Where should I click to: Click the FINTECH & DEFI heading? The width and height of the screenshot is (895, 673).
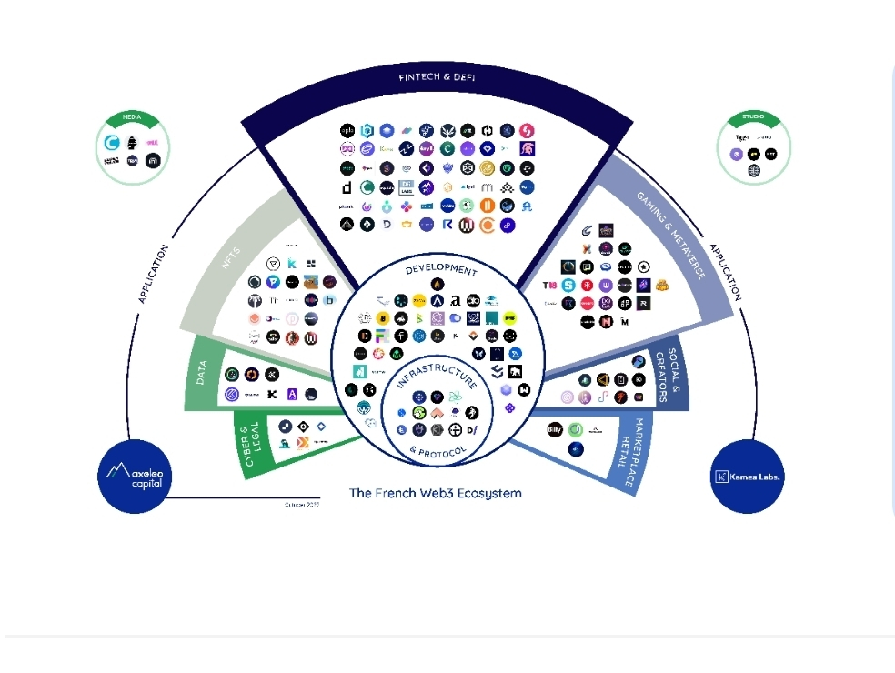(x=437, y=77)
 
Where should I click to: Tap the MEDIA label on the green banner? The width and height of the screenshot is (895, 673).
(x=132, y=118)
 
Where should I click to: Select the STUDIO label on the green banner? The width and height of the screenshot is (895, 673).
(x=753, y=118)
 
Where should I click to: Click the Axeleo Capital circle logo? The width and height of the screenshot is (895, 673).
(x=135, y=475)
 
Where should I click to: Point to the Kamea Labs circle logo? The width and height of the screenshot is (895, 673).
(x=747, y=476)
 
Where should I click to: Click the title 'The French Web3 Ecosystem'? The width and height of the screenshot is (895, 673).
(x=436, y=493)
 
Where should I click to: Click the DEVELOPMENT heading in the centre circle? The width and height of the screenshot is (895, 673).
(x=441, y=270)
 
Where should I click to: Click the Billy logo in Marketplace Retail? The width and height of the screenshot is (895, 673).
(x=555, y=429)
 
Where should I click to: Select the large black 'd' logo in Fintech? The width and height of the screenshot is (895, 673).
(x=347, y=187)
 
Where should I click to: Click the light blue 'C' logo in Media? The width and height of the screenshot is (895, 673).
(x=112, y=143)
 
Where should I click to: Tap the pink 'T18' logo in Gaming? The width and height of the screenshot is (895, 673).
(x=548, y=286)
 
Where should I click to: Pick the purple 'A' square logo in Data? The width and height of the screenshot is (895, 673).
(x=292, y=394)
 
